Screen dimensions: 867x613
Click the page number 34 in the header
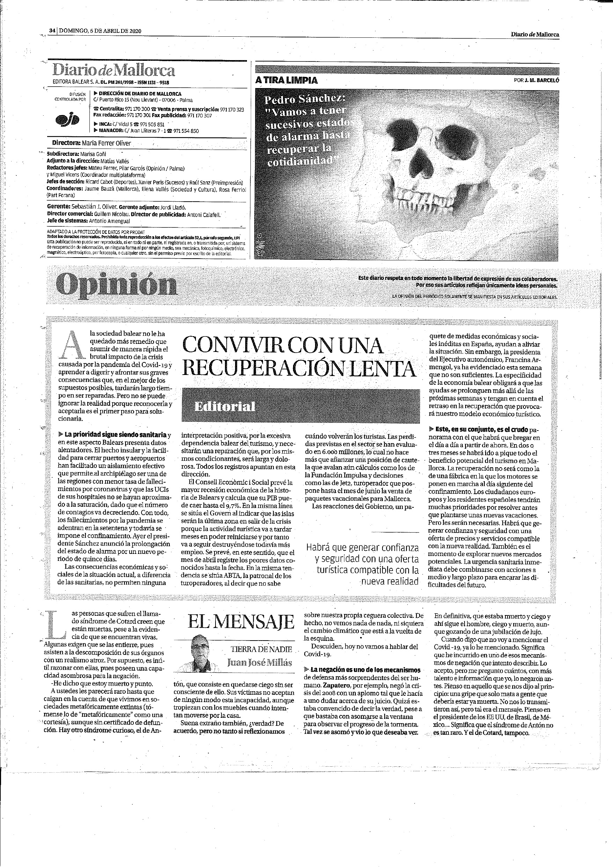(52, 31)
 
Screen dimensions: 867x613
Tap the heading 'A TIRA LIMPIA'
(286, 80)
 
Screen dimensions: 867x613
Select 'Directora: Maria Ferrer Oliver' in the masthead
(92, 144)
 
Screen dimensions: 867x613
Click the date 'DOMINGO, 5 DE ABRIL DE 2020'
(100, 31)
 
